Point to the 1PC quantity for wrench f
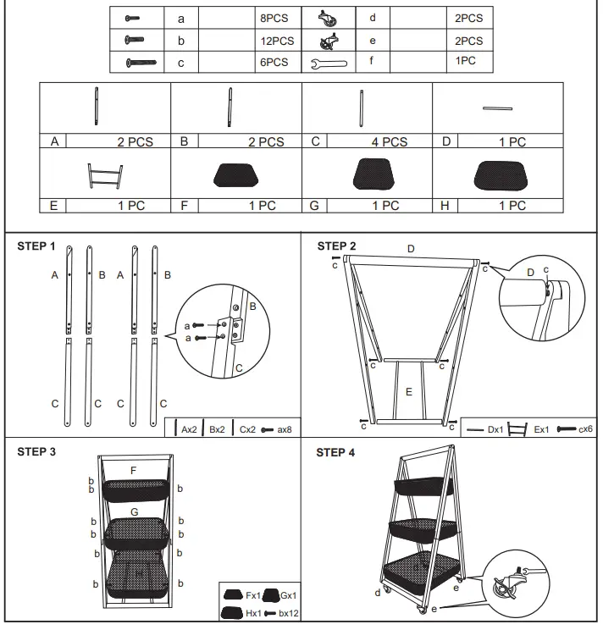[466, 62]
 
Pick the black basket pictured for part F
[236, 174]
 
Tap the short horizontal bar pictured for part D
[498, 108]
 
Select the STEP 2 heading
[336, 246]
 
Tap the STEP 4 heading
[336, 452]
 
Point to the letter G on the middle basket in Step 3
[134, 512]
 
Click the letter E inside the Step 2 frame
[409, 392]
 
